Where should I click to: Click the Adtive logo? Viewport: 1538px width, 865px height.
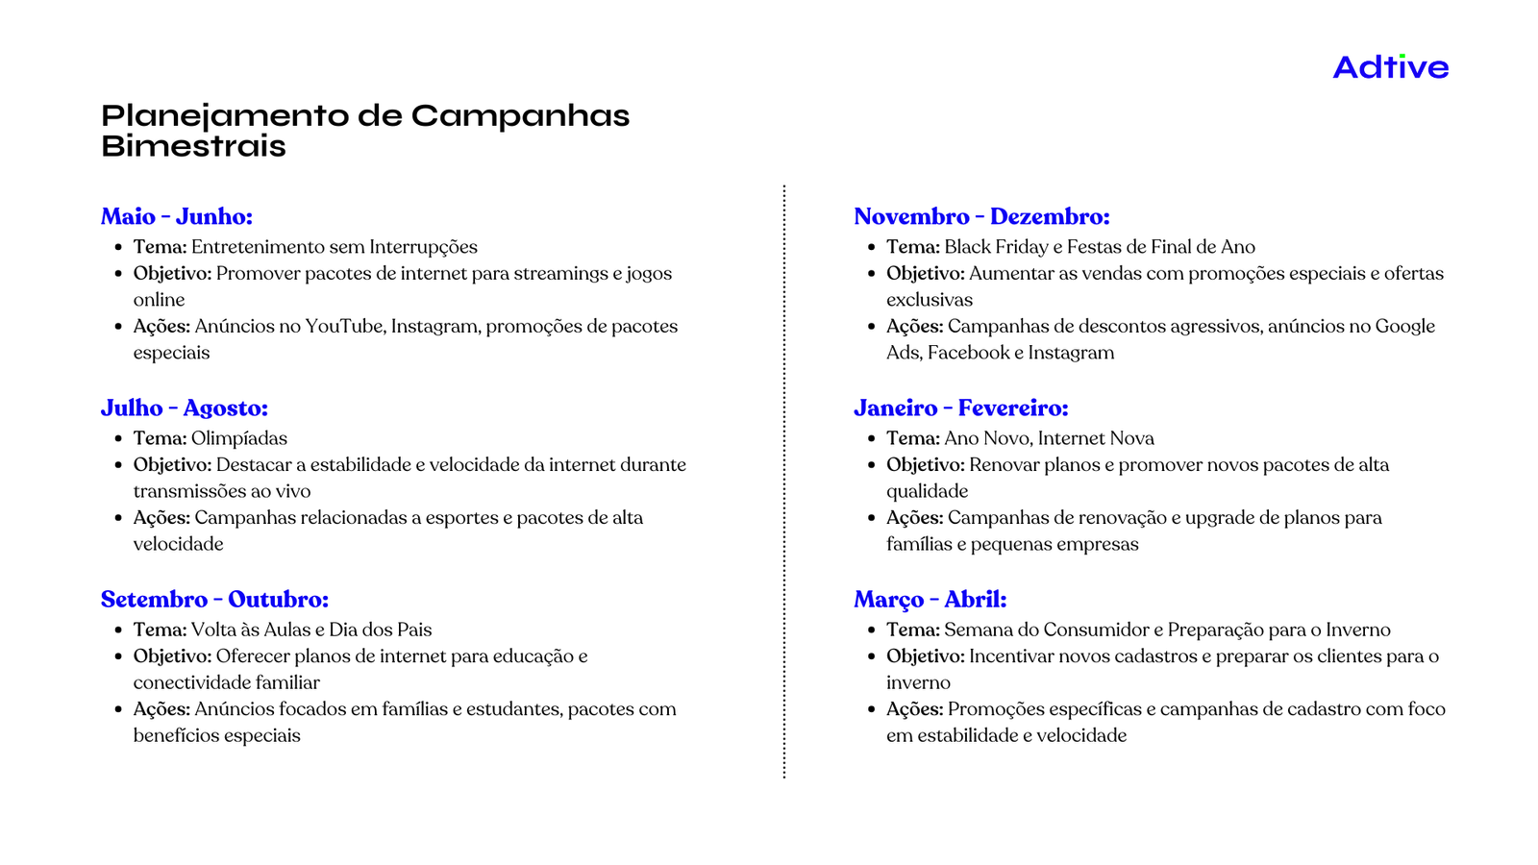(x=1390, y=67)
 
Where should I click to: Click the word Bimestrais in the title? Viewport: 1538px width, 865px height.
(x=193, y=146)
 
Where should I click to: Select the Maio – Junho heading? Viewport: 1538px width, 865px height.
(x=176, y=216)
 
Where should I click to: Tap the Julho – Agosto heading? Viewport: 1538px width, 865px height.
(x=184, y=408)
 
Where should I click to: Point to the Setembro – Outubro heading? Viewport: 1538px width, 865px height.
(x=214, y=599)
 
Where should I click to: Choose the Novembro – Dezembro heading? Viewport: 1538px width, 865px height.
(x=981, y=216)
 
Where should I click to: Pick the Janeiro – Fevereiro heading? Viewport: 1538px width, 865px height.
(x=960, y=408)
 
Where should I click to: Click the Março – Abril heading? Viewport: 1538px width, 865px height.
(x=930, y=599)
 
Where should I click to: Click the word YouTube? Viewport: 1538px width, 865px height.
(x=344, y=326)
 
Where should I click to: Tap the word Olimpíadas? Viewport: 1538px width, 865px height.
(x=239, y=438)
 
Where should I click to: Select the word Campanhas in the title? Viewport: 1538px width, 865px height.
(x=520, y=115)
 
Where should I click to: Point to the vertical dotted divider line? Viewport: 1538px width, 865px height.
(x=784, y=481)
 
